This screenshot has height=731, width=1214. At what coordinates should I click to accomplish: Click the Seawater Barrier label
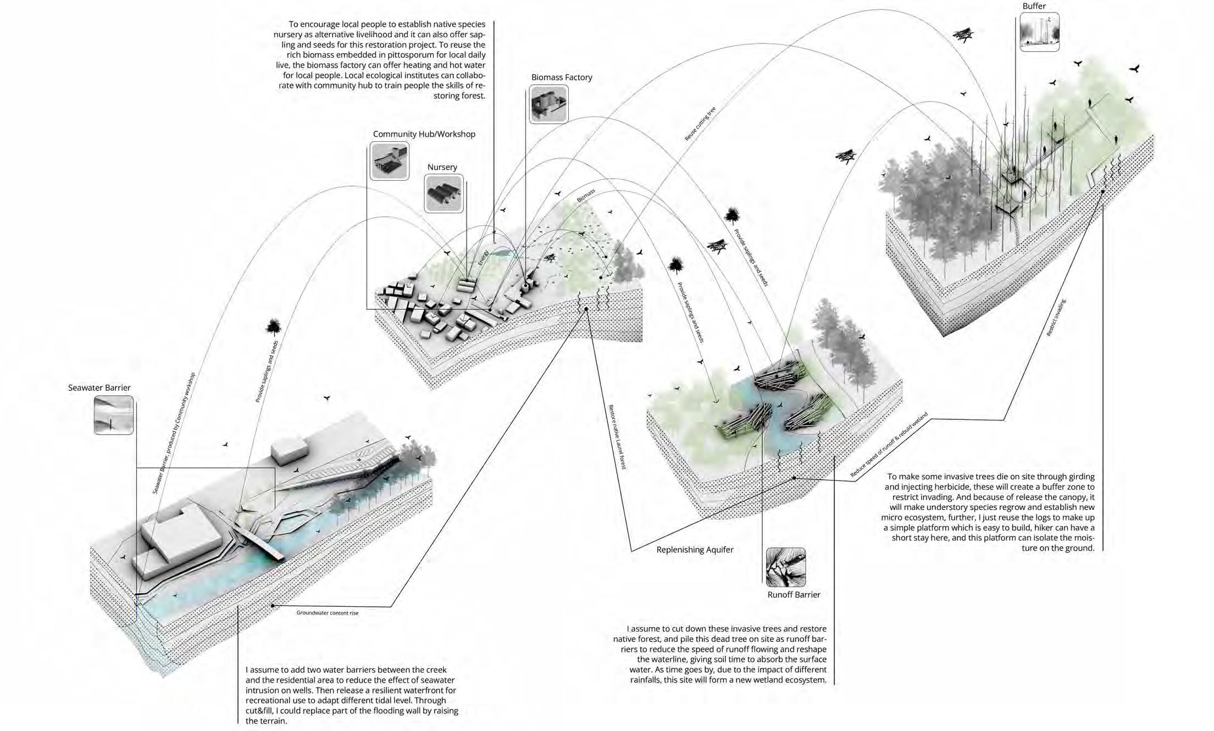[x=99, y=387]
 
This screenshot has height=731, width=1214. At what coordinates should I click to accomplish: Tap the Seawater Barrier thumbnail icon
[x=114, y=415]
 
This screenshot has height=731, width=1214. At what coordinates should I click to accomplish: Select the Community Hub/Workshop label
[x=424, y=134]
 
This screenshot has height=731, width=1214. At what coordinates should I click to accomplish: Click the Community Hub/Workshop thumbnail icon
[x=390, y=161]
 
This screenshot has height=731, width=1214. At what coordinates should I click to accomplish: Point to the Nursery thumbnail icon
[x=444, y=193]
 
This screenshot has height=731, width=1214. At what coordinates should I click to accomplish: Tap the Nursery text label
[x=442, y=167]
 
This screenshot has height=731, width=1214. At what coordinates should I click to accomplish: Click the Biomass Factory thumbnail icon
[x=548, y=103]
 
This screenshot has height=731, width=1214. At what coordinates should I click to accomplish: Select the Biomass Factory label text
[x=562, y=77]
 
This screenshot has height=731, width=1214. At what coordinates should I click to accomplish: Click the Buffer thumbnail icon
[x=1039, y=32]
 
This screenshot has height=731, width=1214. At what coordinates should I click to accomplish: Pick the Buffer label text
[x=1034, y=6]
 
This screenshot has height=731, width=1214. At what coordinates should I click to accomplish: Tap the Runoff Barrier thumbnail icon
[x=786, y=567]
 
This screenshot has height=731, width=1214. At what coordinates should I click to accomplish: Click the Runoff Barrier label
[x=794, y=594]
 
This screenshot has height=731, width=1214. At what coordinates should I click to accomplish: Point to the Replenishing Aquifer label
[x=695, y=550]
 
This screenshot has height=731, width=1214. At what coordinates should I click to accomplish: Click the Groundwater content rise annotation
[x=327, y=613]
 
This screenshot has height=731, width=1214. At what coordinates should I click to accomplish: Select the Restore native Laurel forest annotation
[x=617, y=437]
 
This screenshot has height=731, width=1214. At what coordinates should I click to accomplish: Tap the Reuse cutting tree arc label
[x=700, y=124]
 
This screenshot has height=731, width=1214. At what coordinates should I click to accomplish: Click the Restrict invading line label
[x=1056, y=318]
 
